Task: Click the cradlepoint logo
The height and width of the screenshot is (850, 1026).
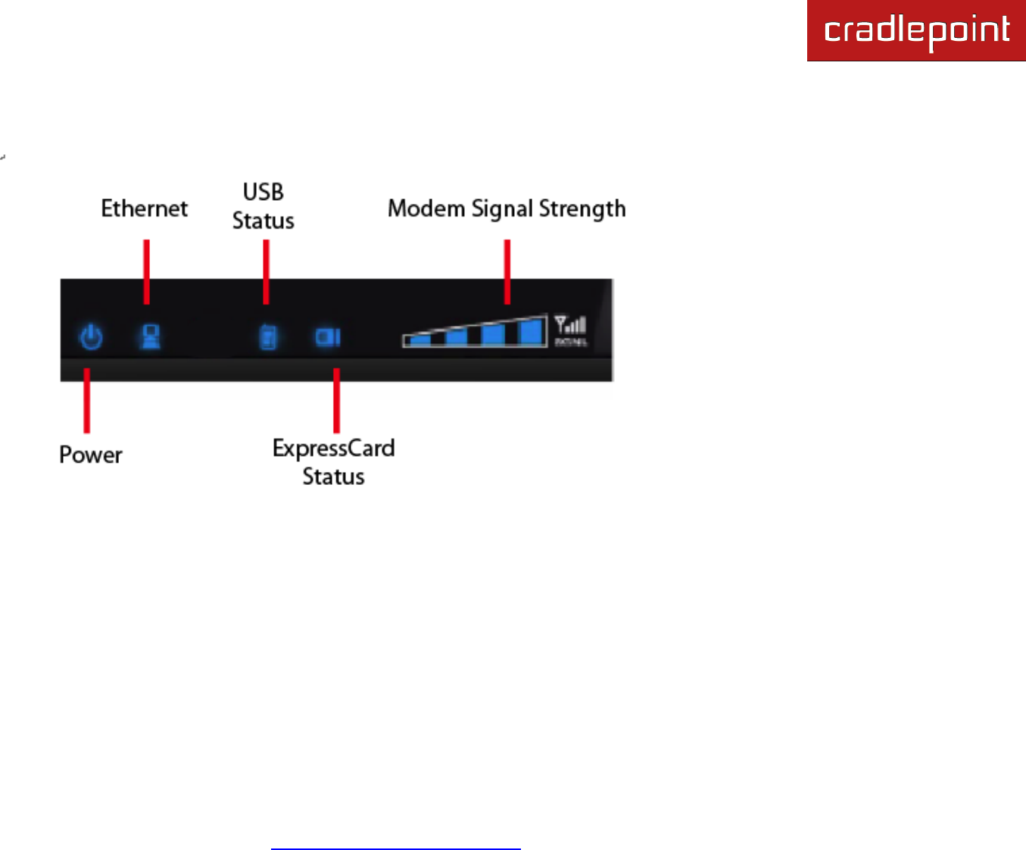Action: (916, 31)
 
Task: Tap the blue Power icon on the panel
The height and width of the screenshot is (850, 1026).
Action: (92, 336)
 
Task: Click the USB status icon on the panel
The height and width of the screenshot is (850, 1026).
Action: (268, 337)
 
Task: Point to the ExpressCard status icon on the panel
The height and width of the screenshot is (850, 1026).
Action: (328, 336)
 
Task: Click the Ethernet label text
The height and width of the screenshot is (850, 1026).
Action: (145, 208)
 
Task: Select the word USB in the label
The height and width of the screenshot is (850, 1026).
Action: (264, 192)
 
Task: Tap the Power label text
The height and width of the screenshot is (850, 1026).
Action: (91, 455)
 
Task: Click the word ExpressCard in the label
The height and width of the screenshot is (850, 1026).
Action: (333, 448)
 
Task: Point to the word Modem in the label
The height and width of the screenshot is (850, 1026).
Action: (426, 208)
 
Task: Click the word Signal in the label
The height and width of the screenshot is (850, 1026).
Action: (502, 209)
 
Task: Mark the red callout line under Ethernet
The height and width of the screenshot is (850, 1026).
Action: (147, 271)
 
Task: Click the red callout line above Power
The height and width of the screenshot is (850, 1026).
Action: (87, 400)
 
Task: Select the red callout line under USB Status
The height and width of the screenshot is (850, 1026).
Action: (266, 271)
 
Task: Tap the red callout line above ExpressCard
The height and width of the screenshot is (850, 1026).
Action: (336, 400)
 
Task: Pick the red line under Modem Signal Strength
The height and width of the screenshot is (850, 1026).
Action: (507, 271)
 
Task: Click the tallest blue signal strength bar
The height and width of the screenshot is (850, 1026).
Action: (532, 332)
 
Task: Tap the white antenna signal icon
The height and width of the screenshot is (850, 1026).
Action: (570, 325)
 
